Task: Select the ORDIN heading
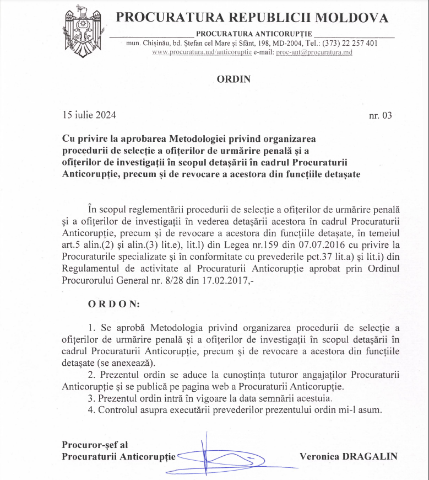point(233,79)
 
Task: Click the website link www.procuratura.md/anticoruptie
point(202,52)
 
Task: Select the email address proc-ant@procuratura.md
point(318,52)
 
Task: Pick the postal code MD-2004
point(281,43)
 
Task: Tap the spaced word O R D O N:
point(114,304)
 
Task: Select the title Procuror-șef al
point(94,444)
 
